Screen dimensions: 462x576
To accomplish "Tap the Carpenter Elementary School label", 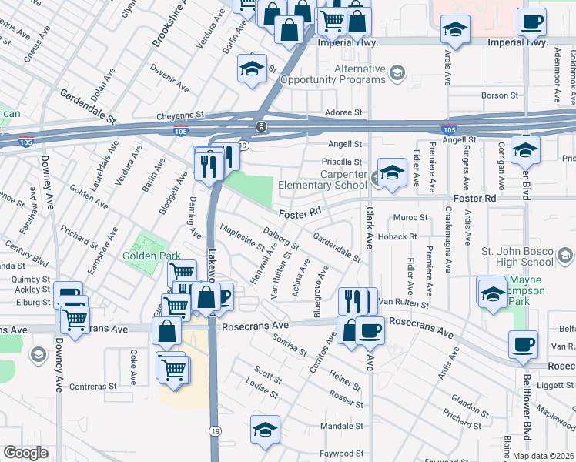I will click(x=322, y=179).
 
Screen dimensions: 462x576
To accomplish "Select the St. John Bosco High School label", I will click(x=527, y=256).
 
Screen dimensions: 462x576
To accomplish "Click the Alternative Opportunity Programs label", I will click(x=336, y=74).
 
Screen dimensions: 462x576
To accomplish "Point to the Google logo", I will click(x=25, y=453).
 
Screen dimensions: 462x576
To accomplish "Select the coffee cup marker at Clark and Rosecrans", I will click(x=370, y=332).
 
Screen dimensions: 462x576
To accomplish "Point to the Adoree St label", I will click(x=343, y=112).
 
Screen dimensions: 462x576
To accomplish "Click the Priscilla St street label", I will click(x=342, y=162).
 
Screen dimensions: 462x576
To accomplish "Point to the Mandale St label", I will click(x=341, y=426).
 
